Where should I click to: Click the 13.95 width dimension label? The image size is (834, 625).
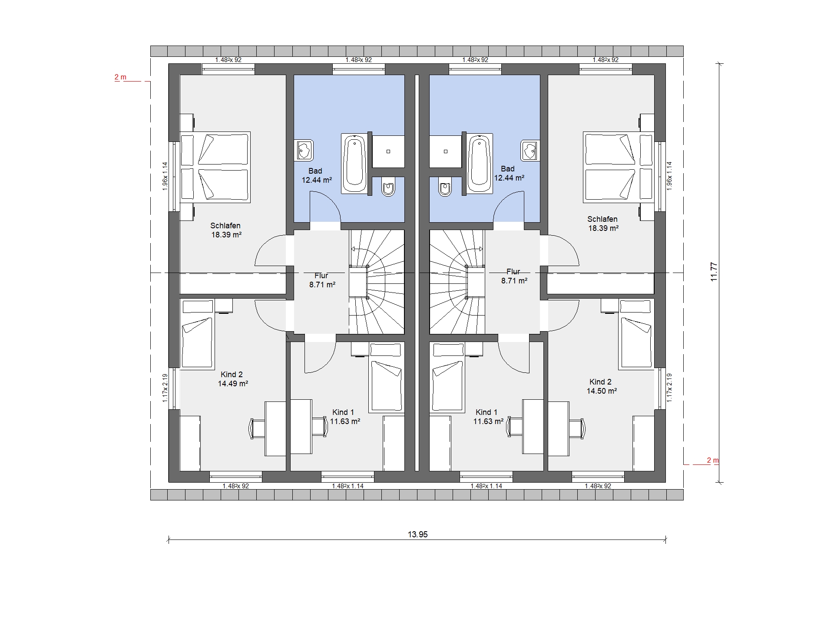pyautogui.click(x=417, y=534)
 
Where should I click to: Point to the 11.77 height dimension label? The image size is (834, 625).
pyautogui.click(x=714, y=272)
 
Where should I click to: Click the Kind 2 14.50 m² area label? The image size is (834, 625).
pyautogui.click(x=602, y=386)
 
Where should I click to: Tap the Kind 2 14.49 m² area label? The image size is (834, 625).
pyautogui.click(x=233, y=379)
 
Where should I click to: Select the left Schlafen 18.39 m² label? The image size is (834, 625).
pyautogui.click(x=226, y=230)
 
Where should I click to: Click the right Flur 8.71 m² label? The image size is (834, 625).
pyautogui.click(x=514, y=276)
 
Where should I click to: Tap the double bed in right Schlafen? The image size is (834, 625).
pyautogui.click(x=618, y=167)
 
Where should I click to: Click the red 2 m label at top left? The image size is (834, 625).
pyautogui.click(x=120, y=77)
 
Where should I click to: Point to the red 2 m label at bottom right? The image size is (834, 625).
pyautogui.click(x=713, y=460)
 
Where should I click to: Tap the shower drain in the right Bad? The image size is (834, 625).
pyautogui.click(x=446, y=151)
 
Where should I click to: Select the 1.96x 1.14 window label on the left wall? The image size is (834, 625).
pyautogui.click(x=165, y=176)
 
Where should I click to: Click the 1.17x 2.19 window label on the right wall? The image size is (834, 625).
pyautogui.click(x=669, y=388)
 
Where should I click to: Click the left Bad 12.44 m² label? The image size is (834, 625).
pyautogui.click(x=317, y=175)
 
